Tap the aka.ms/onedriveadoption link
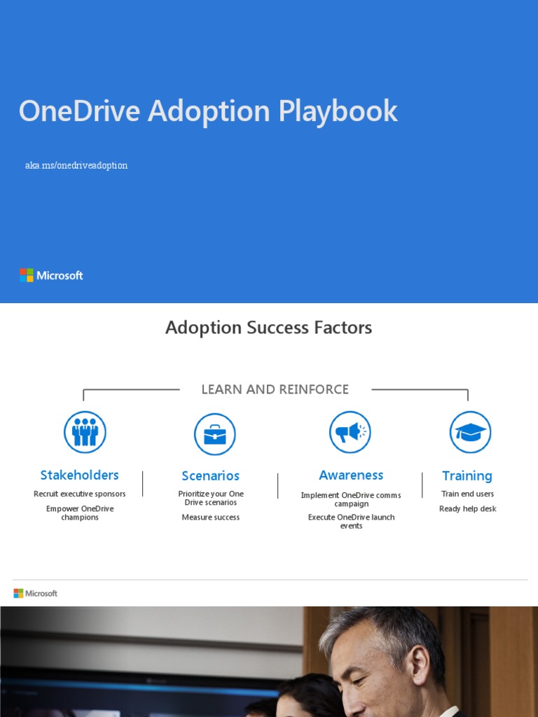pos(76,166)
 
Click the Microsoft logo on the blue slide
pos(51,275)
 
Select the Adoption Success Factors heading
pos(268,328)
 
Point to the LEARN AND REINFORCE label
pos(275,389)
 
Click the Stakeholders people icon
pos(85,432)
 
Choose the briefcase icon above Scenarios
pos(214,434)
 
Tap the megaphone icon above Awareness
pos(350,432)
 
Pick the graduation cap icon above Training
pos(470,432)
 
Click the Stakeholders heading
pos(79,475)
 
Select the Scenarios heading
pos(210,475)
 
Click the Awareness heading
pos(351,475)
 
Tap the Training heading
pos(467,475)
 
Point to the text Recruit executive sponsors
pos(80,494)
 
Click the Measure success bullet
pos(211,517)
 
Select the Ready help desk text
pos(468,509)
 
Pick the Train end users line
pos(467,494)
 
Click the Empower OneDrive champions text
pos(80,513)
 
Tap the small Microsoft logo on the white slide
pos(36,593)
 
